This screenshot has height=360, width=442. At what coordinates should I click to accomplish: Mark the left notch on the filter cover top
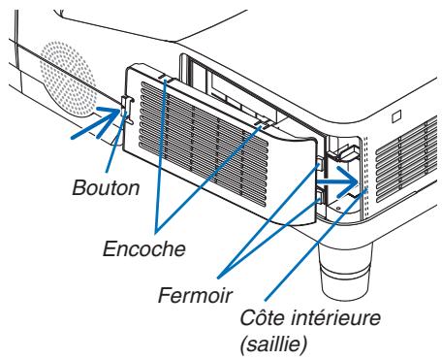[165, 77]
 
